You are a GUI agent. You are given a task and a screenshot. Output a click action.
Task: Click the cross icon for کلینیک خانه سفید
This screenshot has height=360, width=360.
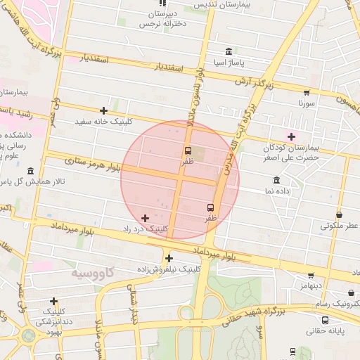pos(104,110)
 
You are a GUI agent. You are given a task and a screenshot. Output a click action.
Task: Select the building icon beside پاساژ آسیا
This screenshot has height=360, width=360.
pos(229,51)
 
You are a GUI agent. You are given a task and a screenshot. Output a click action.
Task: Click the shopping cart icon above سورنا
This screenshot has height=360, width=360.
pos(307,92)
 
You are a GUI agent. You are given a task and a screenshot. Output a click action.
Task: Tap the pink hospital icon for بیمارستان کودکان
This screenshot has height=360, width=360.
pos(291,136)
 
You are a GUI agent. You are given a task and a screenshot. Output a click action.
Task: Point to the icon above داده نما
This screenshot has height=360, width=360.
pos(276,180)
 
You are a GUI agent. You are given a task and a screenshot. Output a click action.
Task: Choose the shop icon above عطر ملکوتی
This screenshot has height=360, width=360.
pos(340,214)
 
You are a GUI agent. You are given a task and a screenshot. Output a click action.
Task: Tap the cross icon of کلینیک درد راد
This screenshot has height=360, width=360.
pos(146,218)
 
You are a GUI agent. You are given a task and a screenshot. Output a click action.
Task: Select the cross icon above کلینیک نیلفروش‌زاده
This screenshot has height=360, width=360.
pos(169,258)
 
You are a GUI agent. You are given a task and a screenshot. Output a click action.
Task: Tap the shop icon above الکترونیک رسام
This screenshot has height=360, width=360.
pos(351,292)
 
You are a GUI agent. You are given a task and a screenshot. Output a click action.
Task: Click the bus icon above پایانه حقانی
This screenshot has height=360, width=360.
pos(292,351)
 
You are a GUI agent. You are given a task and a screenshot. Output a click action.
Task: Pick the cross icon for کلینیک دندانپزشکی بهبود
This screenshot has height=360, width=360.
pos(54,301)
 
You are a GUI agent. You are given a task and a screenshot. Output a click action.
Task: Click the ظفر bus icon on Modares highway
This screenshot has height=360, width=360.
pos(210,207)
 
